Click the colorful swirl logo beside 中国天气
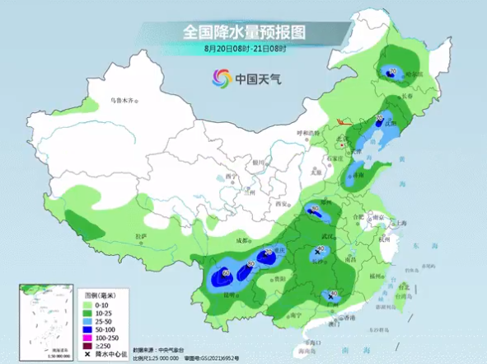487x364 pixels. tap(221, 78)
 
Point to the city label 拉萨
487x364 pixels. tap(141, 236)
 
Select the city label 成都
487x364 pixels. tap(241, 240)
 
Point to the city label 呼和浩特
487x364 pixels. tap(307, 133)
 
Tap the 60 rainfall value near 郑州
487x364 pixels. tap(314, 208)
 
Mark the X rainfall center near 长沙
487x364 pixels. tap(317, 252)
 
